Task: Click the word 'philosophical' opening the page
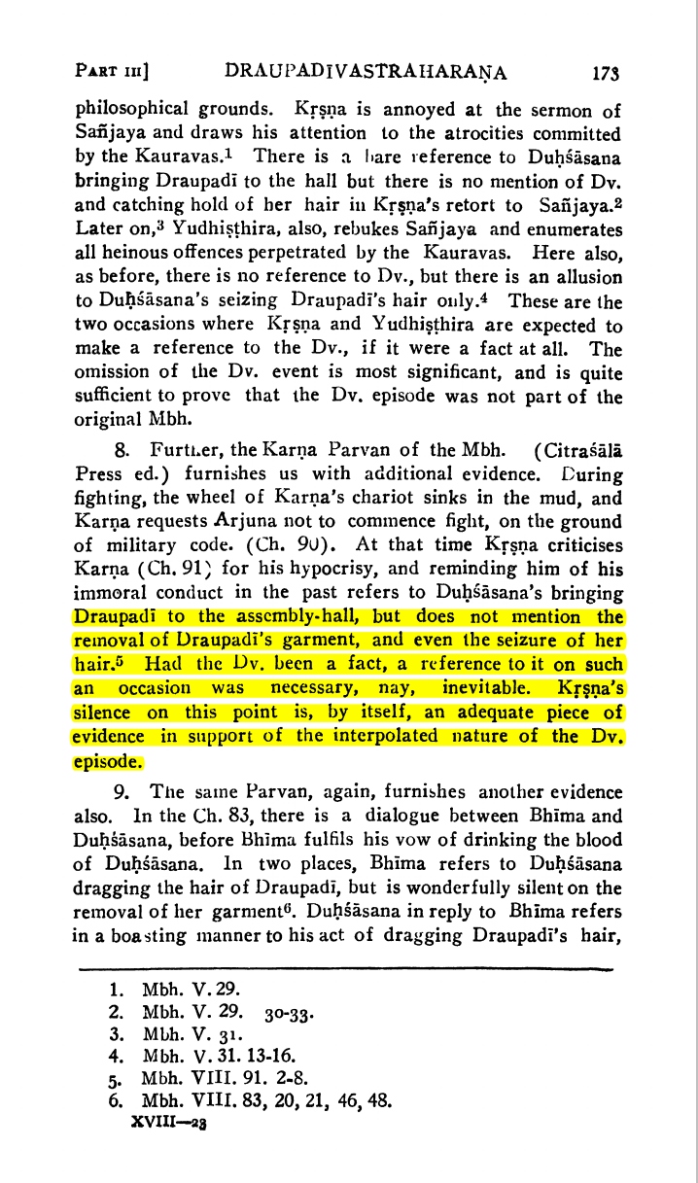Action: point(130,109)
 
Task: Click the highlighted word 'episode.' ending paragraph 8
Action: point(109,759)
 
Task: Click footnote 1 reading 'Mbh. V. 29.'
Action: point(173,993)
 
